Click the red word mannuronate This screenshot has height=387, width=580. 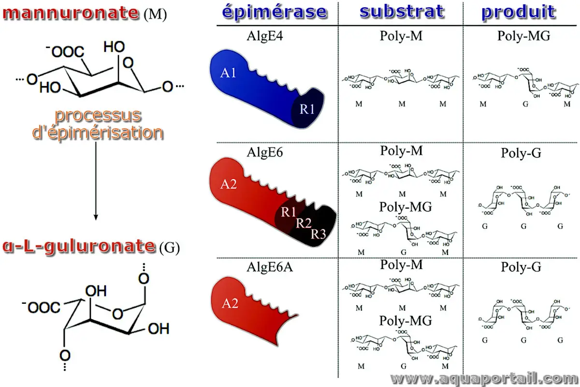[x=71, y=13]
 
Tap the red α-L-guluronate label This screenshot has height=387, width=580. [x=80, y=246]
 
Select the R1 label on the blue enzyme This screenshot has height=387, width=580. [x=307, y=109]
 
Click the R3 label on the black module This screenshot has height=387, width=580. [x=319, y=234]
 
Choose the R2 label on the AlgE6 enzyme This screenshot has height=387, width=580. [x=304, y=223]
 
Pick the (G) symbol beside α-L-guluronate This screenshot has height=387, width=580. [x=169, y=249]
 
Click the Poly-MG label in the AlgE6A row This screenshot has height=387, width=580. [x=405, y=320]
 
